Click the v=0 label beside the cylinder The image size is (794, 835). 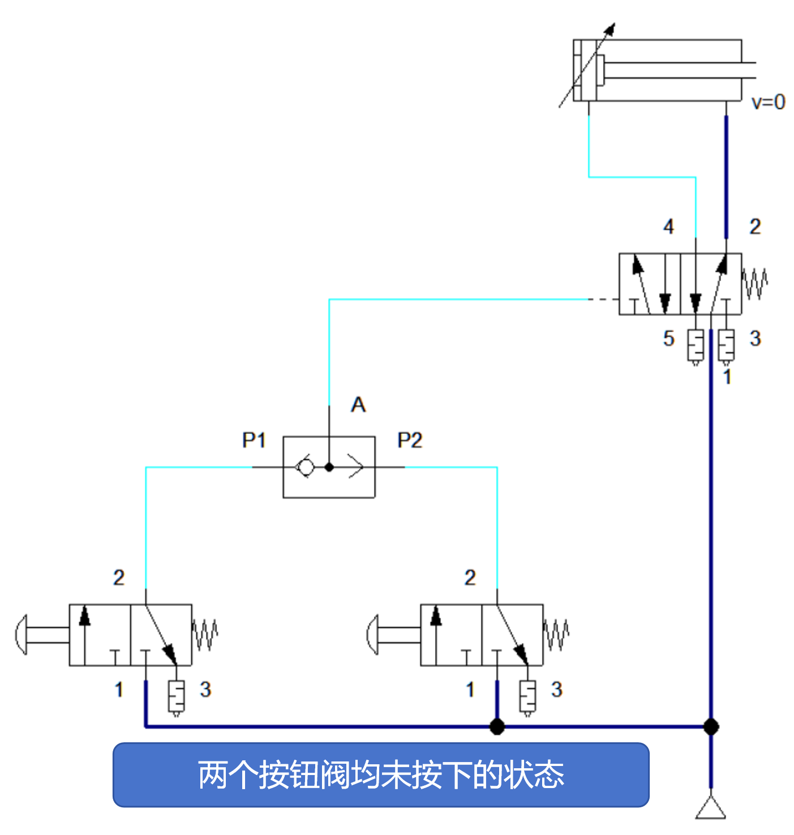(768, 102)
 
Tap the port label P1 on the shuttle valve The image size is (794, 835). (254, 440)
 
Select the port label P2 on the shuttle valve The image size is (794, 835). (410, 440)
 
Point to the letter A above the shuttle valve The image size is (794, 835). (358, 405)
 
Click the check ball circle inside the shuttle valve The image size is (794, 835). (305, 467)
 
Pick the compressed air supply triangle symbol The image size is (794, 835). (711, 808)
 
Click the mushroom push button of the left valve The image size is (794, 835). (22, 635)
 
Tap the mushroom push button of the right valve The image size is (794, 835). (373, 635)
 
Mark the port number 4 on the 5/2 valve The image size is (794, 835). (669, 227)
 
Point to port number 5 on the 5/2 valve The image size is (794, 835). (669, 339)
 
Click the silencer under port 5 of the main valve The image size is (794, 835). (696, 346)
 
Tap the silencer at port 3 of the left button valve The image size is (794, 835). (177, 697)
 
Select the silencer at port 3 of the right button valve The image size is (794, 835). (527, 697)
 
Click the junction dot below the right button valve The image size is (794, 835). (497, 726)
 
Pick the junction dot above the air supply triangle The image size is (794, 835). (711, 726)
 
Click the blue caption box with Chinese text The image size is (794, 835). (381, 774)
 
